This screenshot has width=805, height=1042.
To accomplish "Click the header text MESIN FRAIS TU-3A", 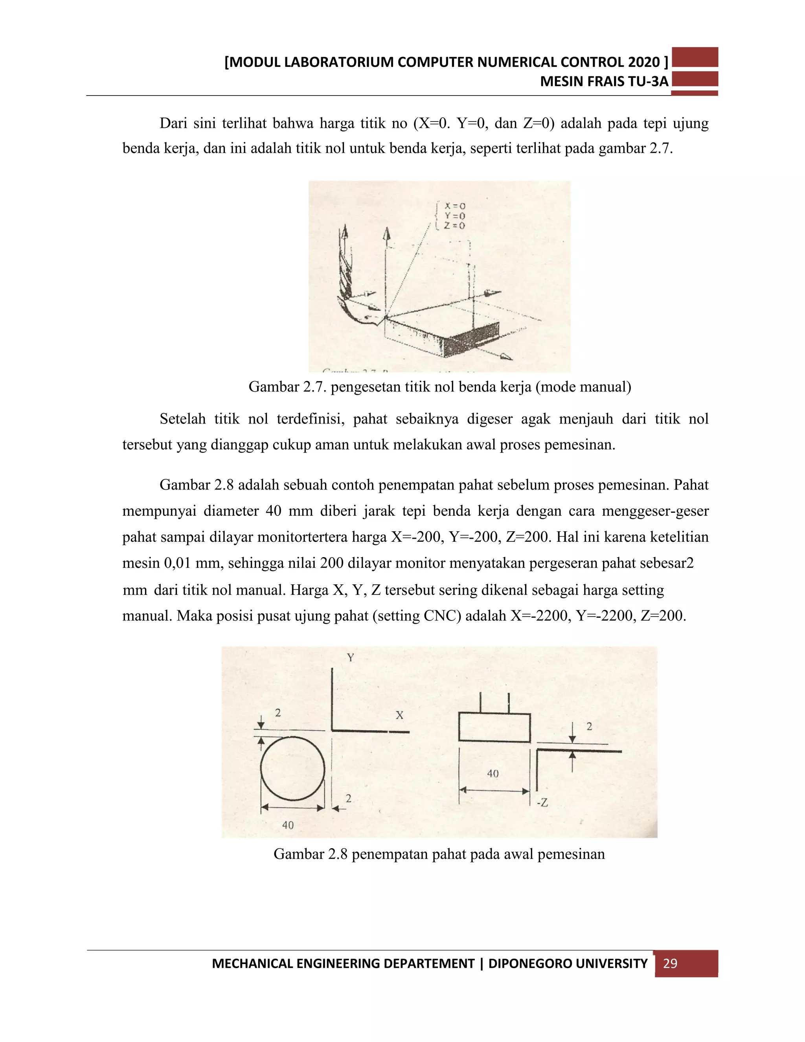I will [x=604, y=81].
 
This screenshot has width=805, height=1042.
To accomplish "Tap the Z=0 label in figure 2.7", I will [x=454, y=226].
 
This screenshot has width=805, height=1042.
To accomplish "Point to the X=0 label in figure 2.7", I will [x=454, y=206].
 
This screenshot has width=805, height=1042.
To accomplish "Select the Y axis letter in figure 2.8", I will [x=351, y=657].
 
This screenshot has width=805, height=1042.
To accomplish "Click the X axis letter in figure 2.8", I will [x=399, y=715].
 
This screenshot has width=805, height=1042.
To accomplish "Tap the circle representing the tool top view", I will [x=293, y=768].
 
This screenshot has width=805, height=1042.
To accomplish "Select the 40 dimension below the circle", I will [x=288, y=825].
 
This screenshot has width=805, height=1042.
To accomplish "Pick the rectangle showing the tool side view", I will [x=494, y=727].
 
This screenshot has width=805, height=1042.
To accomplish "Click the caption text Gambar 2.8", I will [x=310, y=854].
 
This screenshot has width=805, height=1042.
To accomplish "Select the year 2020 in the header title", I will [x=643, y=62].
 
